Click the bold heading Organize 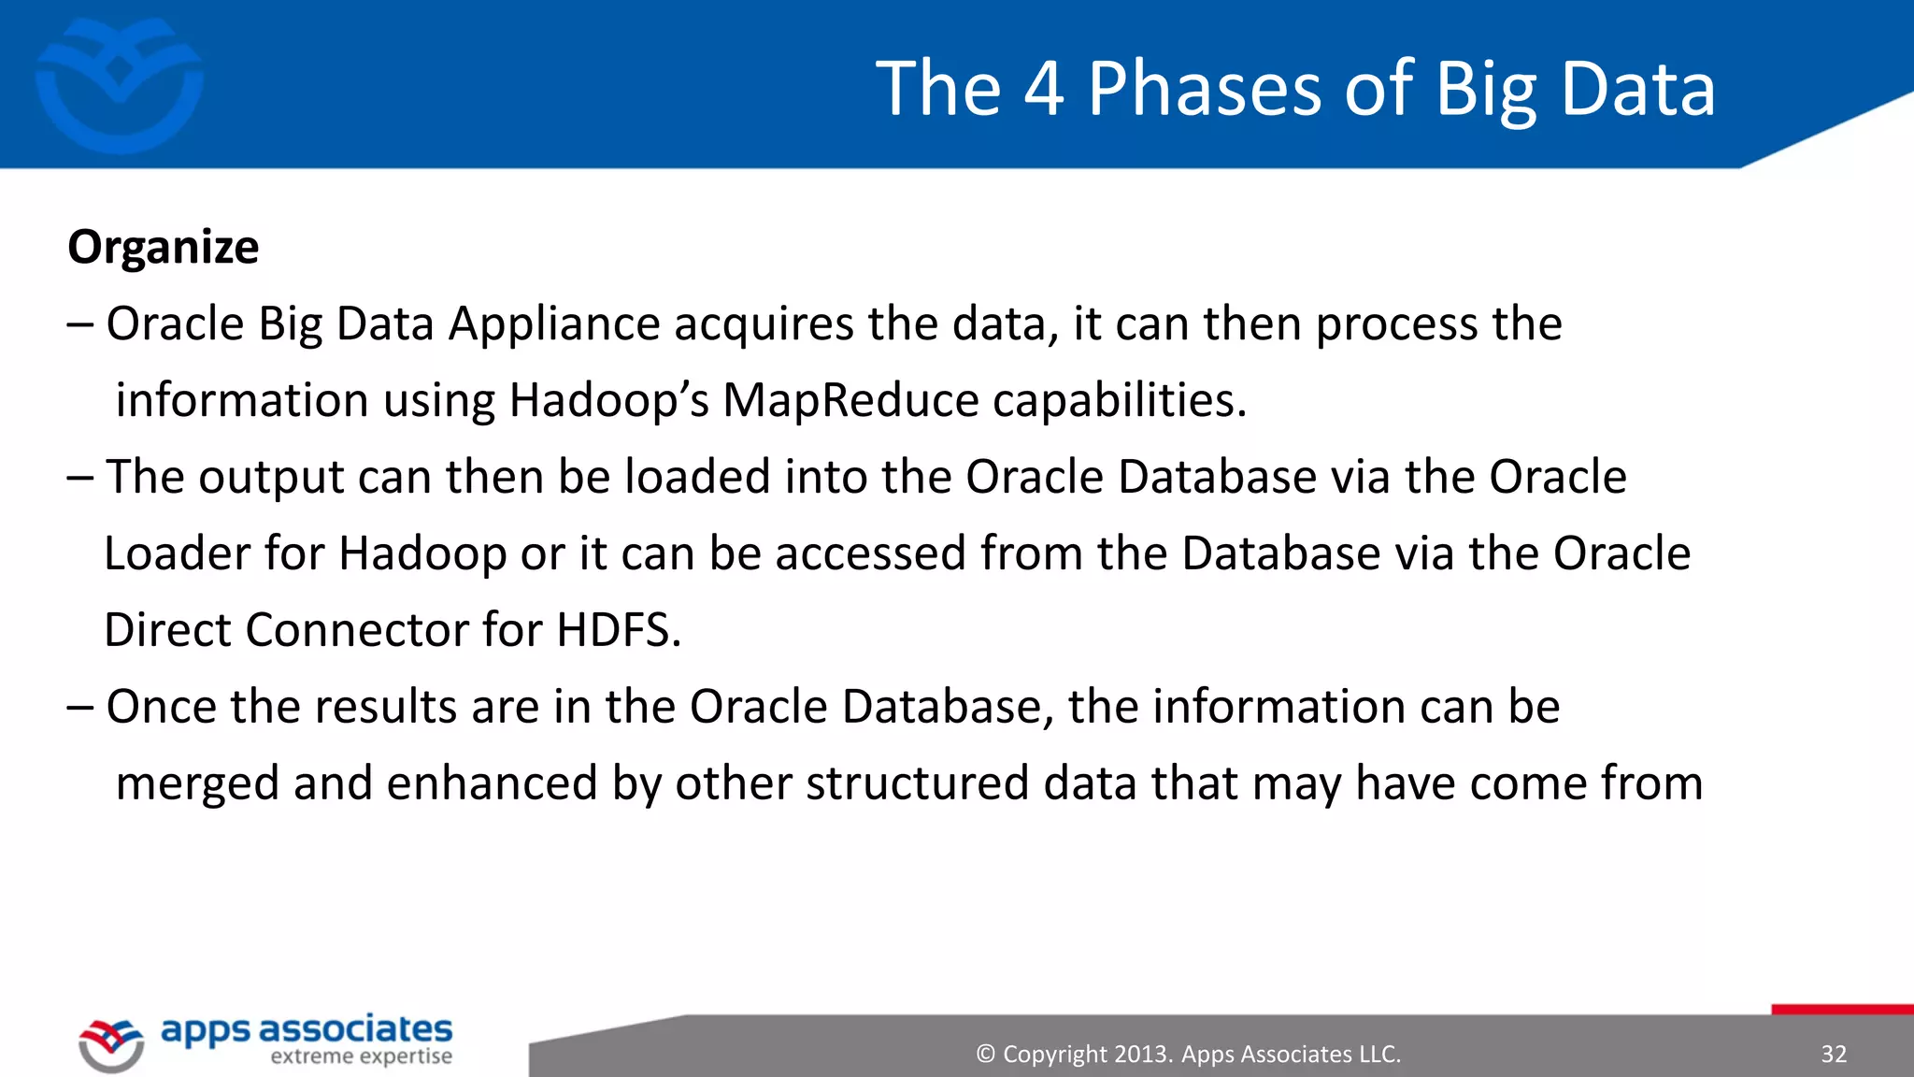pos(163,248)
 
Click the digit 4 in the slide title pos(1043,89)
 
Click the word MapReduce pos(850,401)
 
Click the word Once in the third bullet pos(161,707)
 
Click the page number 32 pos(1833,1055)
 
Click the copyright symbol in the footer pos(985,1055)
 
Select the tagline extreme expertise pos(361,1057)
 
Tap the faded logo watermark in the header pos(119,84)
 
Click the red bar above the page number pos(1841,1009)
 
